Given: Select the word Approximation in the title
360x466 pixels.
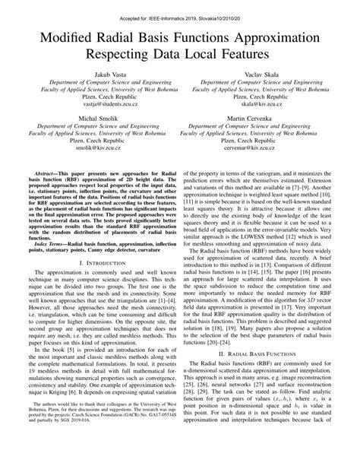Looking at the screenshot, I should coord(272,35).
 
